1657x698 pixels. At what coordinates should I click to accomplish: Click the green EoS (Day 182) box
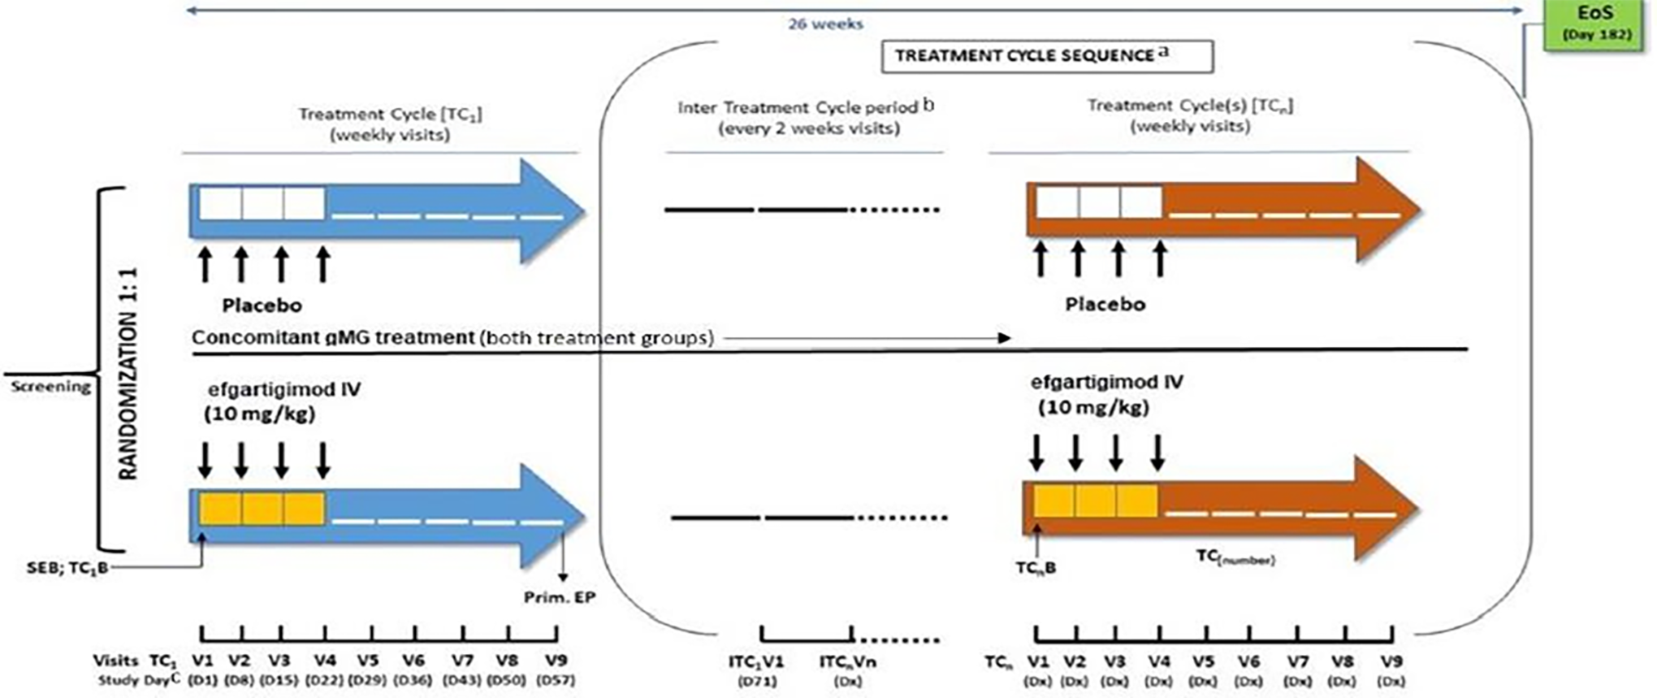click(x=1597, y=24)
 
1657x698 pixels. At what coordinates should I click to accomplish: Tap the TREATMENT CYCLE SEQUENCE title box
click(x=1047, y=56)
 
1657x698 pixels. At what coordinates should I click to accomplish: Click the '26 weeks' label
click(x=825, y=24)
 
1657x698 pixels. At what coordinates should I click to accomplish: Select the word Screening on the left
click(x=50, y=387)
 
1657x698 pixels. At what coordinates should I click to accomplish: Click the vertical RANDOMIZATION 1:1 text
click(x=128, y=375)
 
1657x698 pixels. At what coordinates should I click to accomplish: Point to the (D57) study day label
click(x=556, y=680)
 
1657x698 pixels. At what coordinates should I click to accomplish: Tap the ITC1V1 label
click(x=756, y=661)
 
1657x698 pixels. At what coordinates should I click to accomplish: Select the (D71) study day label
click(x=756, y=681)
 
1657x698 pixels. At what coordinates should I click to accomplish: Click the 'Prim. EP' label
click(x=560, y=597)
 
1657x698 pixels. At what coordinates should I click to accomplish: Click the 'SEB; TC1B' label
click(x=67, y=568)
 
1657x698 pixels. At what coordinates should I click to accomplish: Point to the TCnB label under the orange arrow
click(x=1036, y=568)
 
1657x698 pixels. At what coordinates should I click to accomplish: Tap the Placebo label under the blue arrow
click(x=262, y=306)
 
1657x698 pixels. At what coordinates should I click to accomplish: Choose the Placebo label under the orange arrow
click(x=1105, y=304)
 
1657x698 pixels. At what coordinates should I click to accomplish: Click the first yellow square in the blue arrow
click(x=220, y=509)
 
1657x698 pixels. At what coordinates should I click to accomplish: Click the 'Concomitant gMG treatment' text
click(x=333, y=337)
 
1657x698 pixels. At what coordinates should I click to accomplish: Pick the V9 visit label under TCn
click(x=1391, y=661)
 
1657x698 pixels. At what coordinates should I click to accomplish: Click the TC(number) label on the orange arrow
click(x=1235, y=557)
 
